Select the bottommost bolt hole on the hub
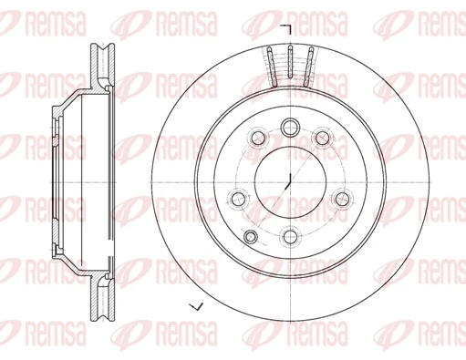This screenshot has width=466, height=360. pyautogui.click(x=290, y=236)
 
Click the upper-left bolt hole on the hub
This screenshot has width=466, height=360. pyautogui.click(x=257, y=138)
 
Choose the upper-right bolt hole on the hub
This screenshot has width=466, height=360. pyautogui.click(x=323, y=138)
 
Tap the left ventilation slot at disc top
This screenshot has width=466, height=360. pyautogui.click(x=273, y=66)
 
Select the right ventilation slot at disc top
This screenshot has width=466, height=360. pyautogui.click(x=308, y=66)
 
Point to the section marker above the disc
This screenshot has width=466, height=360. pyautogui.click(x=285, y=29)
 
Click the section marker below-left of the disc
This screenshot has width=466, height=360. pyautogui.click(x=192, y=304)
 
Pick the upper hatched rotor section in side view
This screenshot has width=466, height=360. pyautogui.click(x=100, y=68)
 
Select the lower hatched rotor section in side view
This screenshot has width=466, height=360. pyautogui.click(x=100, y=292)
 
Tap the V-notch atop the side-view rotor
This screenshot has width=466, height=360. pyautogui.click(x=100, y=46)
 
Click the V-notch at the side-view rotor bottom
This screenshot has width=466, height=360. pyautogui.click(x=100, y=315)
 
